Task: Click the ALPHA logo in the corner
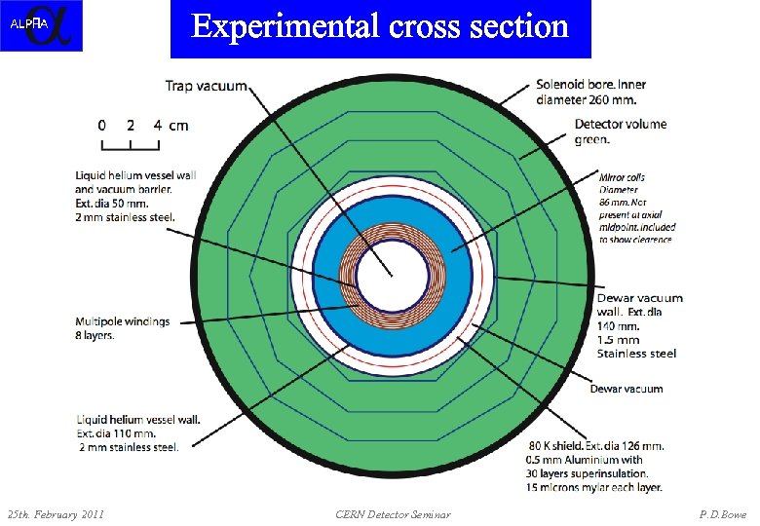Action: (x=41, y=25)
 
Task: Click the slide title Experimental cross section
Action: (x=380, y=26)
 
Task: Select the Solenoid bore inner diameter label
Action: (x=590, y=92)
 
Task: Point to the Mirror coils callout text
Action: (x=636, y=207)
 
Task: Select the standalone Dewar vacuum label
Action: (x=626, y=389)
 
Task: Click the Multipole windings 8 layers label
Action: (x=122, y=328)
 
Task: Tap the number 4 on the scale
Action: (x=157, y=125)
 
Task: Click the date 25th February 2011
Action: (x=56, y=513)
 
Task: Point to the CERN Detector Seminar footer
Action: (x=393, y=513)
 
